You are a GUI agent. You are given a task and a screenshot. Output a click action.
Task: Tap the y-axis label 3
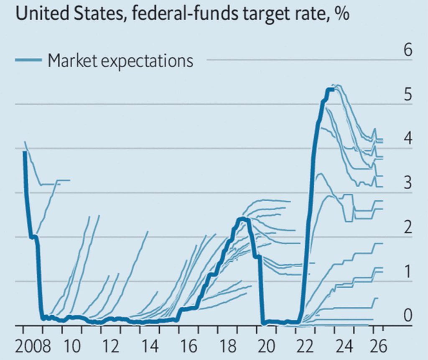pos(408,183)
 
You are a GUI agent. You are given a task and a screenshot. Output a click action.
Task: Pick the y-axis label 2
pos(408,227)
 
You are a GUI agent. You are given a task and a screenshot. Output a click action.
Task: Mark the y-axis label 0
pos(408,316)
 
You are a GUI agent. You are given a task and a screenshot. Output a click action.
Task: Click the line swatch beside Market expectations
pos(28,61)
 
